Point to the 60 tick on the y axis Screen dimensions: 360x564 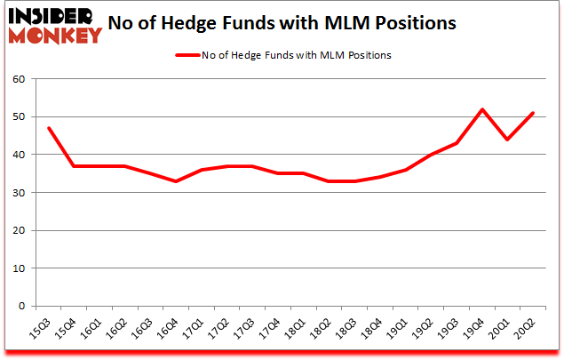click(x=19, y=79)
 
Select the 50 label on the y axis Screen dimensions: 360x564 click(x=19, y=117)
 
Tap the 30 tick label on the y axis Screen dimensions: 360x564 click(x=19, y=193)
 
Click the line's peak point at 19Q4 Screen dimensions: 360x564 click(x=482, y=109)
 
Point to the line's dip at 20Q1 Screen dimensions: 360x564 click(x=508, y=140)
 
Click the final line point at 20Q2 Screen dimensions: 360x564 click(x=534, y=113)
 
